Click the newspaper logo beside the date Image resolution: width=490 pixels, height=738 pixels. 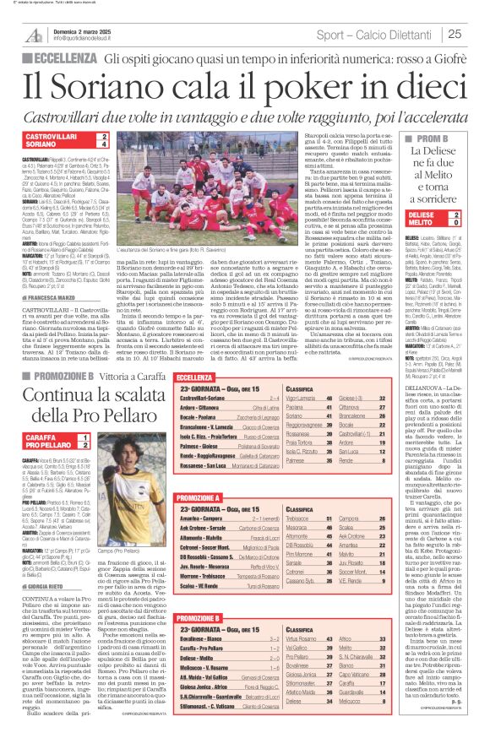coord(32,34)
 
